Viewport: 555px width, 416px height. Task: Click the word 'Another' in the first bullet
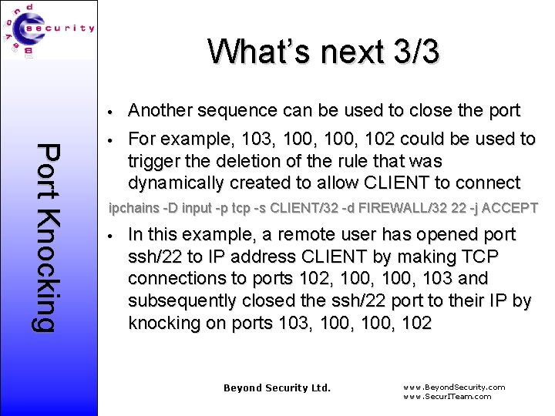tap(160, 110)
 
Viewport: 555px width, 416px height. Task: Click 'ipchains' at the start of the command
tap(132, 208)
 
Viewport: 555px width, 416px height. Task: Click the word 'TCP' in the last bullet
tap(481, 257)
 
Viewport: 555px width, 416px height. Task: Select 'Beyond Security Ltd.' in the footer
tap(277, 387)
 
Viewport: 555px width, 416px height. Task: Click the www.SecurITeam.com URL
tap(447, 397)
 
